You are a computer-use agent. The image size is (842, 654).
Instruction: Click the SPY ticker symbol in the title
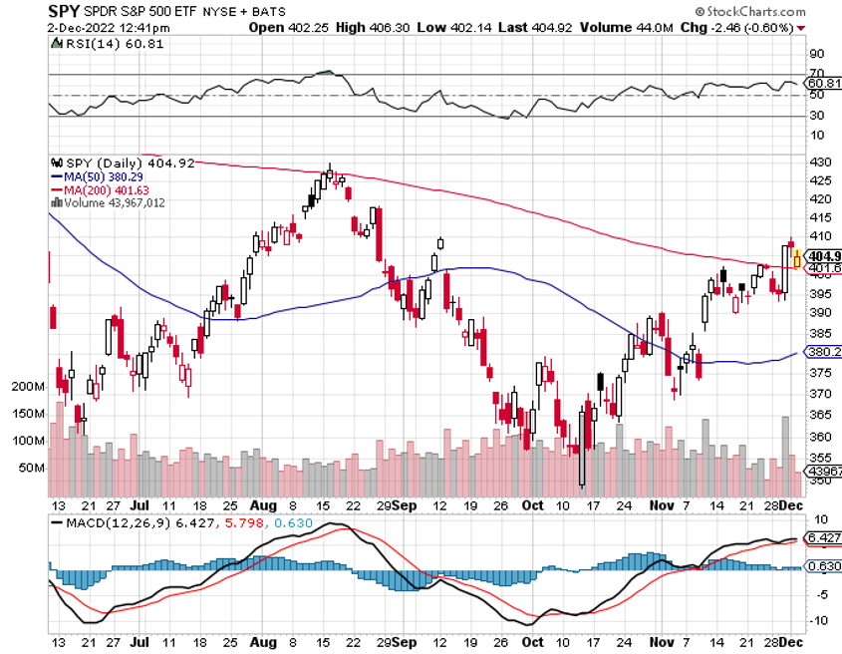coord(64,12)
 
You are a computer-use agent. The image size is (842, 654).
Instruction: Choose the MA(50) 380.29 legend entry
coord(104,175)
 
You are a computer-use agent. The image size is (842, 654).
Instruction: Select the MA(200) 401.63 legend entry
coord(107,188)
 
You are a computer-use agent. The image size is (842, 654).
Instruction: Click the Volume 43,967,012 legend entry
coord(114,201)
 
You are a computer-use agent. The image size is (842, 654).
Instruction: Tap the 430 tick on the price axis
coord(819,162)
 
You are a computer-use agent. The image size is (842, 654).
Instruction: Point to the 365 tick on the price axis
coord(819,414)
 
